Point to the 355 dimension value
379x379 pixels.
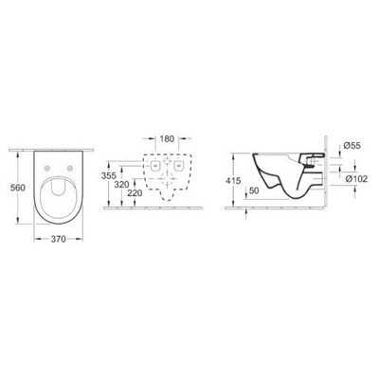(111, 175)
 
